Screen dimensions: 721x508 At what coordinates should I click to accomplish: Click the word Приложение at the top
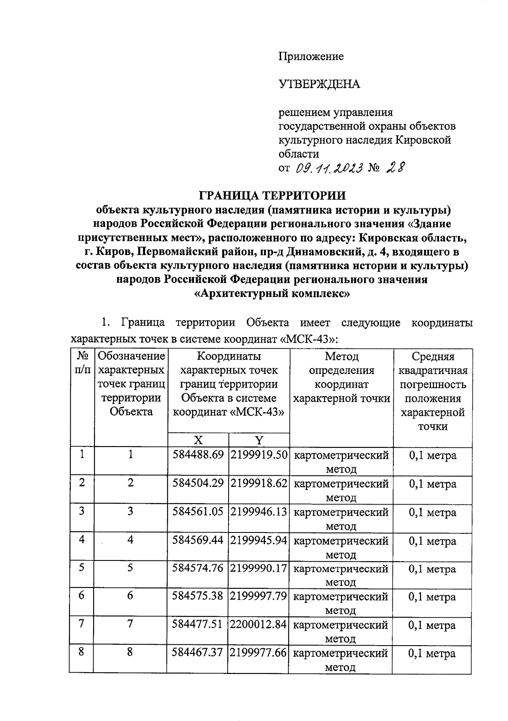311,56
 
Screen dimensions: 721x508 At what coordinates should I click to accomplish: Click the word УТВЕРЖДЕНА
319,84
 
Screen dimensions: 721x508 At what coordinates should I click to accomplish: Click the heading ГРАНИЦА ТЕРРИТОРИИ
272,195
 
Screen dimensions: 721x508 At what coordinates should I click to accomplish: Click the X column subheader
197,440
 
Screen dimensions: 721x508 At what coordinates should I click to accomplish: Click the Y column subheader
259,440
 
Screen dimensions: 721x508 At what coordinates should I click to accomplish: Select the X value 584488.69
198,455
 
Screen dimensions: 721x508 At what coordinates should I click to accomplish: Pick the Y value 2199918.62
259,483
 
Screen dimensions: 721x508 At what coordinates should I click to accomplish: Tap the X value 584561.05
198,512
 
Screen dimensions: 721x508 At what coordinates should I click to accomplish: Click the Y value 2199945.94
259,540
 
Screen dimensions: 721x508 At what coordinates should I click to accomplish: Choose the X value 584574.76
198,568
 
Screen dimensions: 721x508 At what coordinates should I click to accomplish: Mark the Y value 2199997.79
259,596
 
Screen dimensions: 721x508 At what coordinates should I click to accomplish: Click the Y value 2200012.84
259,624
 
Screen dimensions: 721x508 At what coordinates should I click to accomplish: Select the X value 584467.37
198,653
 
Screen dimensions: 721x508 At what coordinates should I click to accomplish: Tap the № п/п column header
82,363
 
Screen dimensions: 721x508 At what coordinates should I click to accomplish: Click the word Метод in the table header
342,357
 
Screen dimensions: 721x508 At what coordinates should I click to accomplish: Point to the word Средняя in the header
433,357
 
